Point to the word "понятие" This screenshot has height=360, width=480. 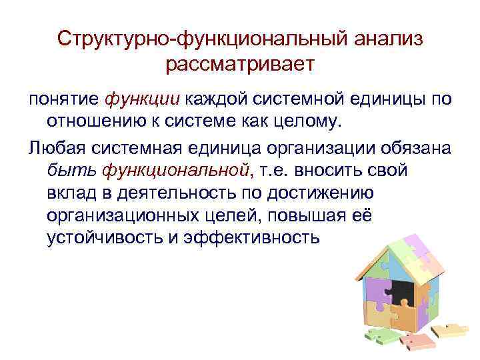point(64,99)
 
